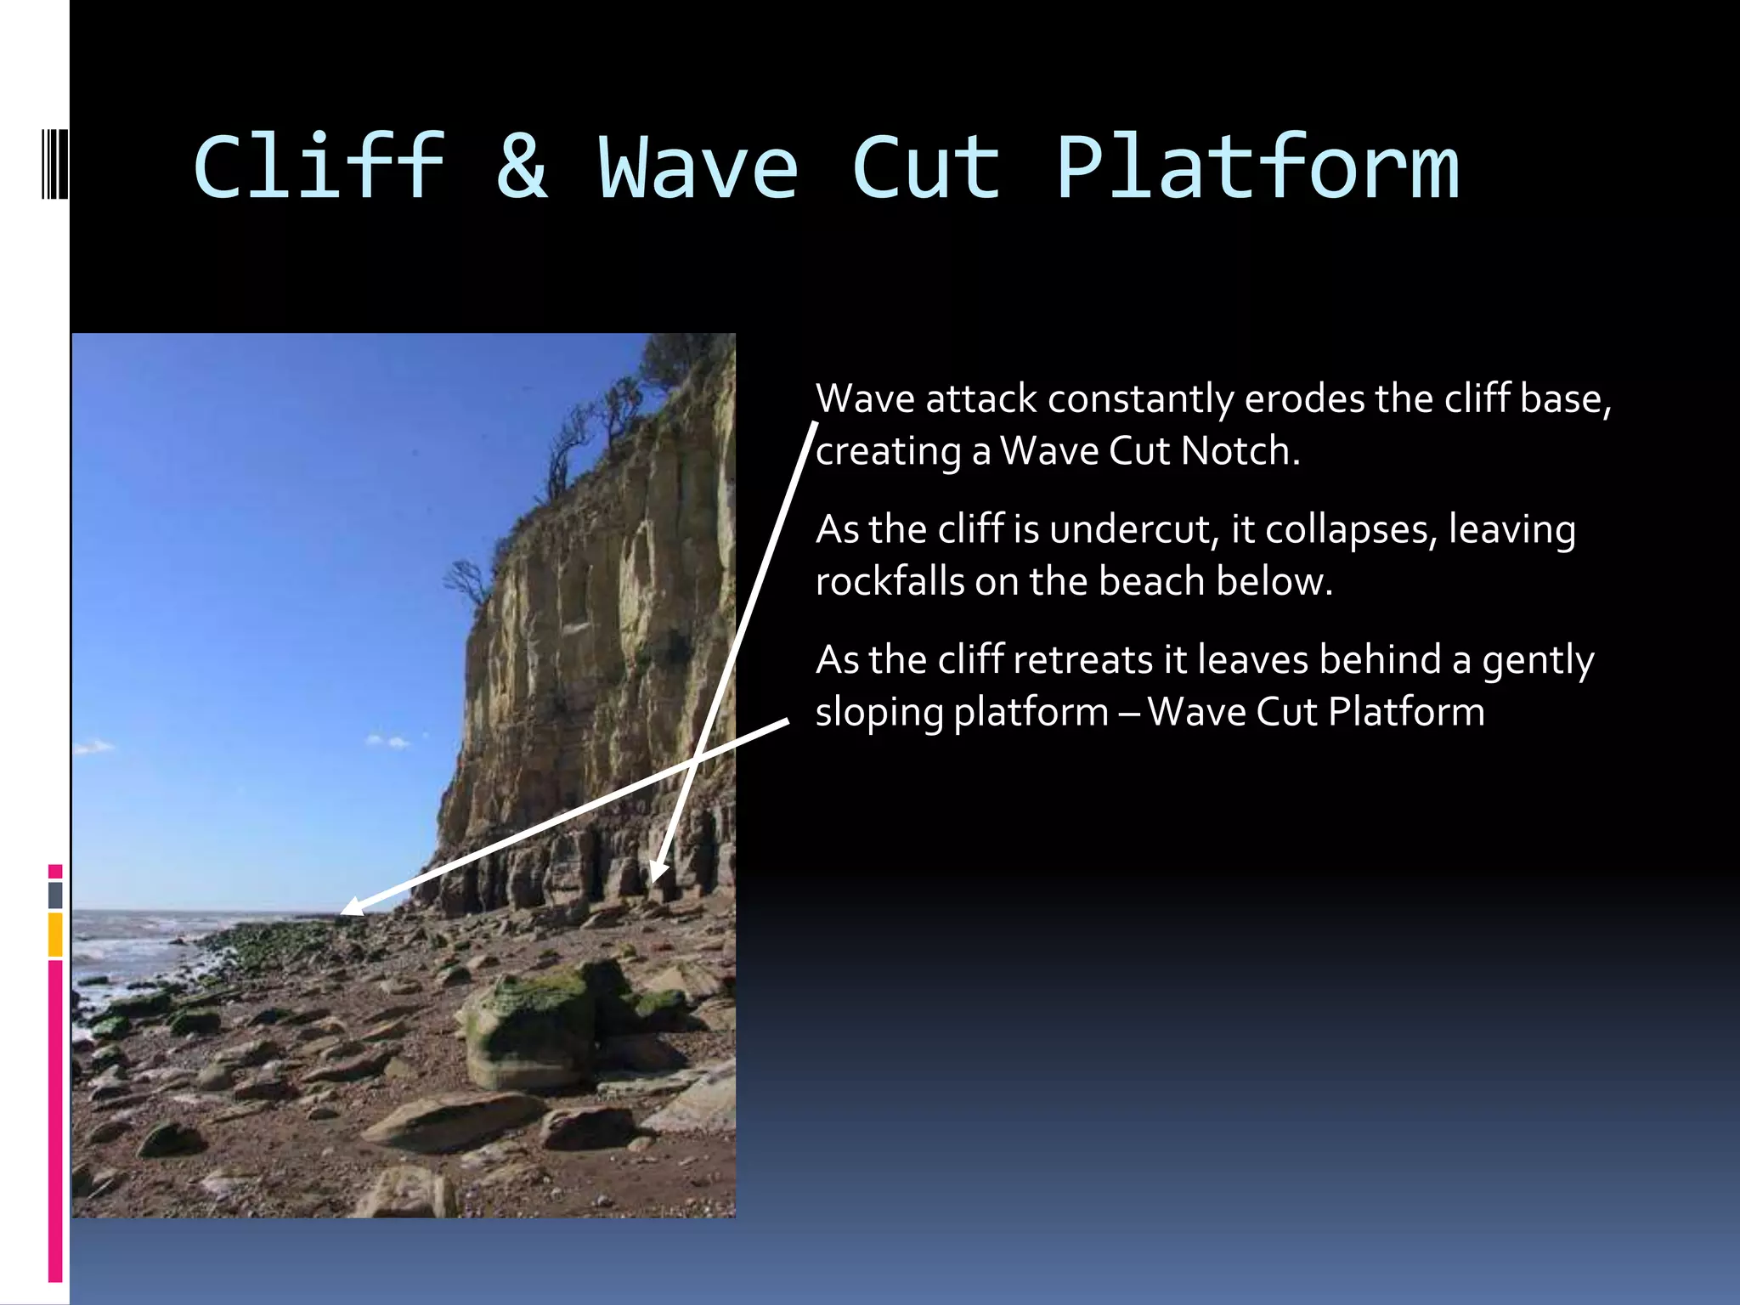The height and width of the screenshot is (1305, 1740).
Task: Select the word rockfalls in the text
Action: (x=890, y=582)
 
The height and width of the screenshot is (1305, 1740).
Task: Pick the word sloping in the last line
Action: (x=878, y=712)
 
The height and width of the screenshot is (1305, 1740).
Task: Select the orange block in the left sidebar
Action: (x=55, y=934)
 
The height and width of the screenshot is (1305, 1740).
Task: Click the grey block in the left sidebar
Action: (x=55, y=895)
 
